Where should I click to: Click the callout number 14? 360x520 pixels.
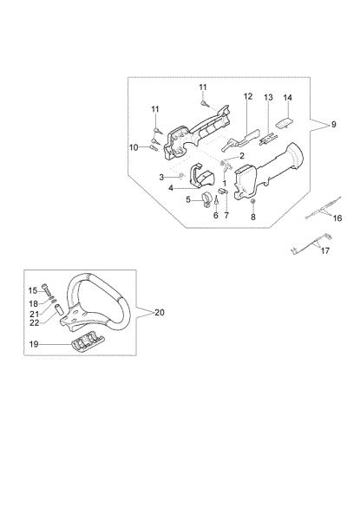pos(288,97)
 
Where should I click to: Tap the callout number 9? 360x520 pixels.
pos(334,124)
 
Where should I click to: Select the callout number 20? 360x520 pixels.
pos(160,312)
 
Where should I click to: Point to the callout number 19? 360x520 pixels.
pos(34,344)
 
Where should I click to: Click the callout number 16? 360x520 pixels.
pos(337,218)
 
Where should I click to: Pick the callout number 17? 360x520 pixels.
pos(325,250)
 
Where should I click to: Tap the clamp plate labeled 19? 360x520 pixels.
pos(88,341)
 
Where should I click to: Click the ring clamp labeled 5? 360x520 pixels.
pos(206,200)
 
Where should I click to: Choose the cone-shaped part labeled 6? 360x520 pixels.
pos(216,199)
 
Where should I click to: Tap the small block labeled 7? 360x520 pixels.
pos(222,191)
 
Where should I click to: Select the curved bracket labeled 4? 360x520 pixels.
pos(201,175)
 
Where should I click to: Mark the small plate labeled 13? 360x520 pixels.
pos(268,139)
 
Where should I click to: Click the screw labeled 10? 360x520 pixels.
pos(154,148)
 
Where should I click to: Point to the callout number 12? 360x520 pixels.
pos(248,96)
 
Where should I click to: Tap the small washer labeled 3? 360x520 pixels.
pos(181,175)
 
